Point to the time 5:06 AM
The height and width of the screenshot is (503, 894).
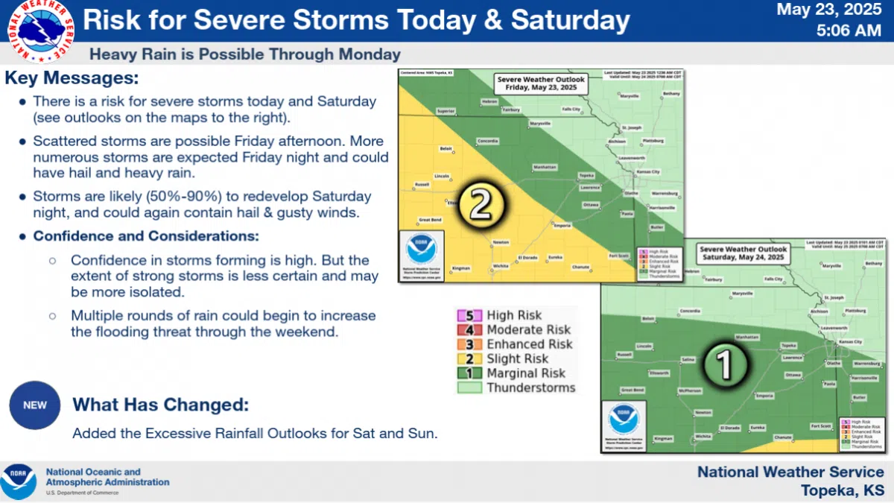point(850,31)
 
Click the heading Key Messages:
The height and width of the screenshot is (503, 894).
point(72,78)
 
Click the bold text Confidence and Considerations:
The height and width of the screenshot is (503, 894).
point(145,236)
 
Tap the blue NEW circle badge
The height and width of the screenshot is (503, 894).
point(35,405)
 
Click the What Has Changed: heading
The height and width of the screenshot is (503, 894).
point(159,405)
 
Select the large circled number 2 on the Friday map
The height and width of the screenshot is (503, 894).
point(481,205)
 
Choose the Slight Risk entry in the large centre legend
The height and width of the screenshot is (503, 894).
point(516,359)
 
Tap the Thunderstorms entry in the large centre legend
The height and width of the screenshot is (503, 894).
point(530,387)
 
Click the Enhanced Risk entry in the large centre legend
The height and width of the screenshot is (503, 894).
point(528,344)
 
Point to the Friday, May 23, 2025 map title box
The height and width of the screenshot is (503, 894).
point(540,83)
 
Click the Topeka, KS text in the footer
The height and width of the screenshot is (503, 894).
point(842,490)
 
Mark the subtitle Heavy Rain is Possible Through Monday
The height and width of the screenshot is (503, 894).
point(244,54)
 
